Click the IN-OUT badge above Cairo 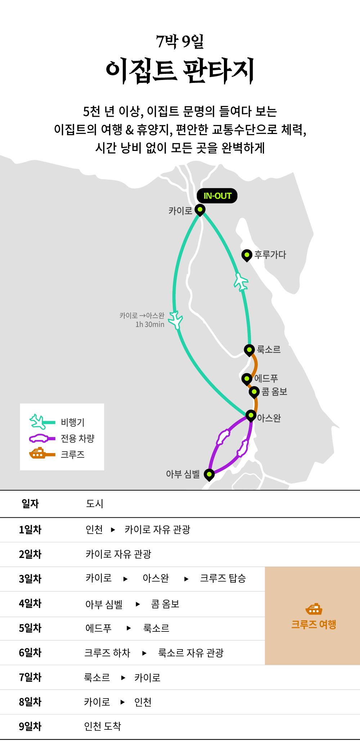[217, 196]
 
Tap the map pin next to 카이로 [200, 210]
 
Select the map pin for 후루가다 [247, 255]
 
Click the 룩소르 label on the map [269, 349]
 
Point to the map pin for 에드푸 [247, 379]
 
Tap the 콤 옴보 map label [274, 392]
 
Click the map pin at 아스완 [251, 416]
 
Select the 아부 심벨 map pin [209, 475]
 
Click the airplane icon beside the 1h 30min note [176, 320]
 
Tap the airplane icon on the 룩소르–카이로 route [241, 282]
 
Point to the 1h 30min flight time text [150, 325]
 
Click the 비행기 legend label [73, 422]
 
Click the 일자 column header [30, 504]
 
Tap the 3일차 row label [30, 579]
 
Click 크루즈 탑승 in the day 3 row [223, 579]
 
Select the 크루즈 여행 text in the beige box [314, 624]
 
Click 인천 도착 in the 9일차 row [103, 726]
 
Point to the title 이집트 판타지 [180, 70]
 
